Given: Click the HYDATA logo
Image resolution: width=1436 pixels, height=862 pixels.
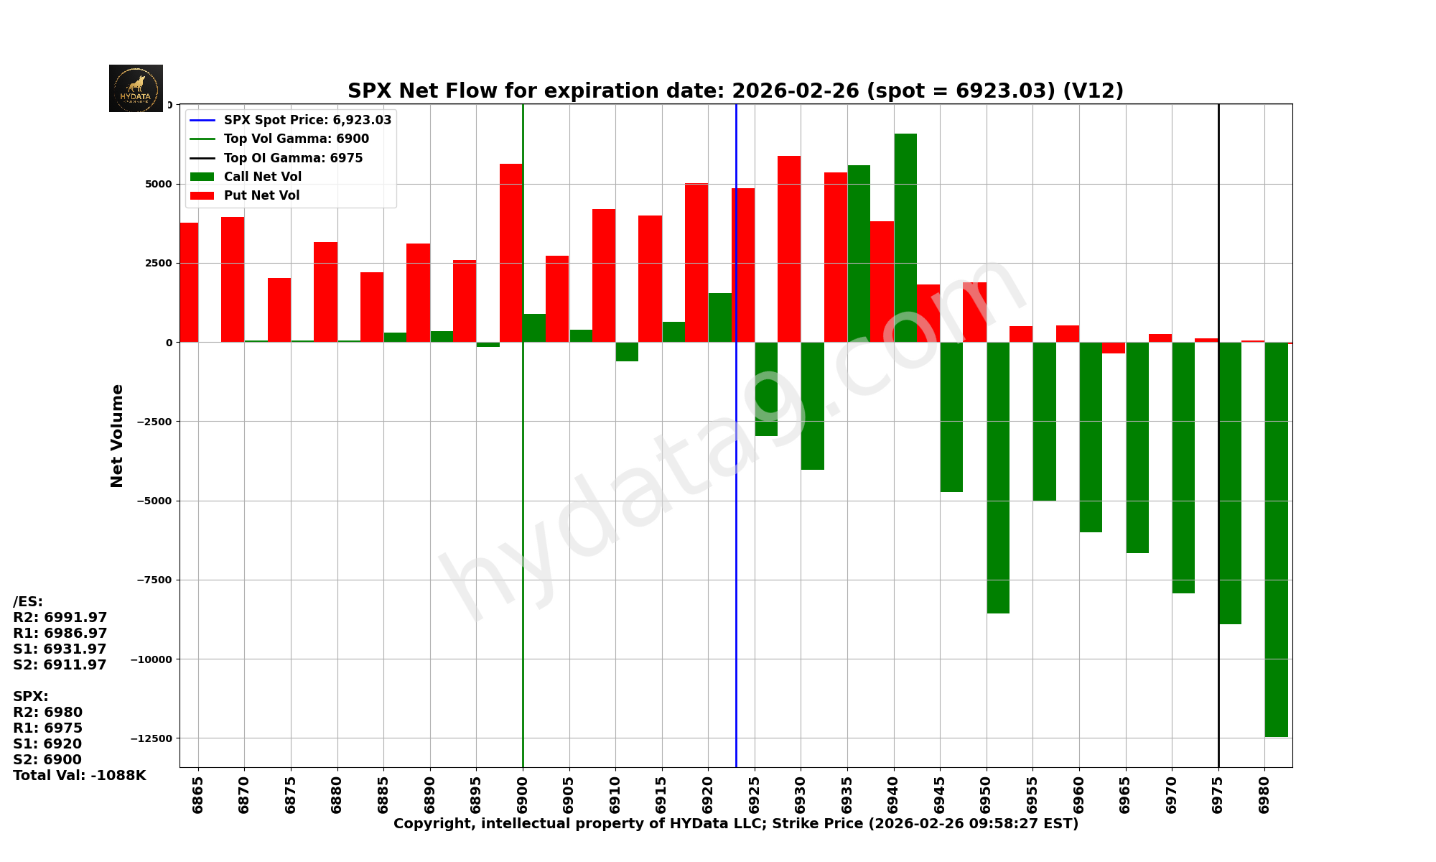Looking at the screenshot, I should (x=136, y=88).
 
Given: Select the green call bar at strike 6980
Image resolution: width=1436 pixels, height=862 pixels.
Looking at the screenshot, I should (x=1276, y=539).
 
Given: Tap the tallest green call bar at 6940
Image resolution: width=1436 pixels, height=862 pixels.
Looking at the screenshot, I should (x=905, y=237).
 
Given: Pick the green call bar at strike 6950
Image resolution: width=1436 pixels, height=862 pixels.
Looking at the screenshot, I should (x=997, y=478).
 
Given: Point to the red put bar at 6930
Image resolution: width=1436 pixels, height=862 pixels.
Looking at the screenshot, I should (x=788, y=249).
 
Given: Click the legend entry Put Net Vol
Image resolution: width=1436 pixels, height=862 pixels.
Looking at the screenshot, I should (x=261, y=195).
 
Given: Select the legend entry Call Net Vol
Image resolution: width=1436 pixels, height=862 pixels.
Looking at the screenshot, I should (x=262, y=177).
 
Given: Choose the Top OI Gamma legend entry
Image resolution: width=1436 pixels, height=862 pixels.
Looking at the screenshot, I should (x=293, y=158).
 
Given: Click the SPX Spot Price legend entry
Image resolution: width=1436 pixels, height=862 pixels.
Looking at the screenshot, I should (x=307, y=120).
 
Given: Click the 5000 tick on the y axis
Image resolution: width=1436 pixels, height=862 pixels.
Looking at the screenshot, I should (x=158, y=184).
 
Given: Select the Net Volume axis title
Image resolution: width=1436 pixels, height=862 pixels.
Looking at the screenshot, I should (x=117, y=435).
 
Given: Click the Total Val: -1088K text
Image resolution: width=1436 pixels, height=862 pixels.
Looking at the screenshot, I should (x=80, y=776).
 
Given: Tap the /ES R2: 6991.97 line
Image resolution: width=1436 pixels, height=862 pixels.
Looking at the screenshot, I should (x=60, y=618).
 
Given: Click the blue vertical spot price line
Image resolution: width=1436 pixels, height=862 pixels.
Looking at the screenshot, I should (x=736, y=575).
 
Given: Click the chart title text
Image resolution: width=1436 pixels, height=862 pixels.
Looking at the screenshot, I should (x=735, y=91).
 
